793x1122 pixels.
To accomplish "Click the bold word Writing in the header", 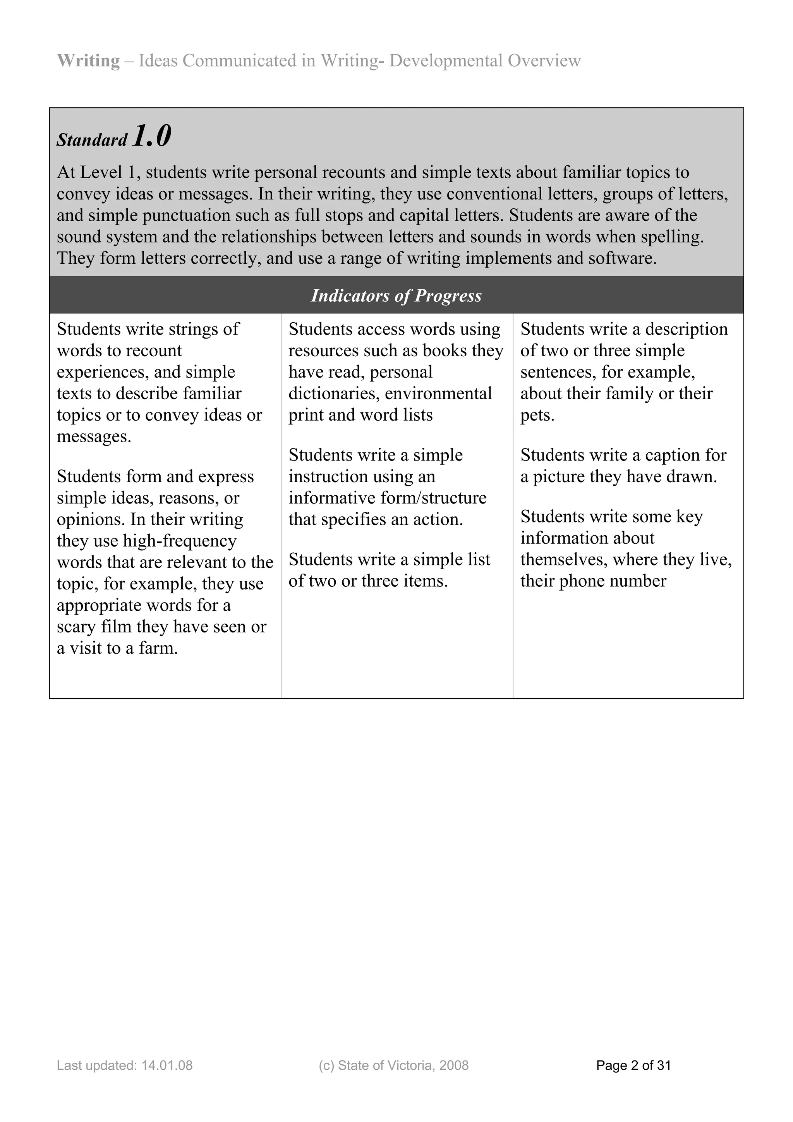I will coord(88,60).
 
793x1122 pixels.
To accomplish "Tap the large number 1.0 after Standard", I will coord(151,136).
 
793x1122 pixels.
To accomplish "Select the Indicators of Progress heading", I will coord(396,296).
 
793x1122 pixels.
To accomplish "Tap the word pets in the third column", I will coord(537,415).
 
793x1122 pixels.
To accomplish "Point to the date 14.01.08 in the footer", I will coord(167,1065).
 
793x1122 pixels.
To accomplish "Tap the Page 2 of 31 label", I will coord(633,1065).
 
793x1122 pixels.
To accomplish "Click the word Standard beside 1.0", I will coord(92,140).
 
